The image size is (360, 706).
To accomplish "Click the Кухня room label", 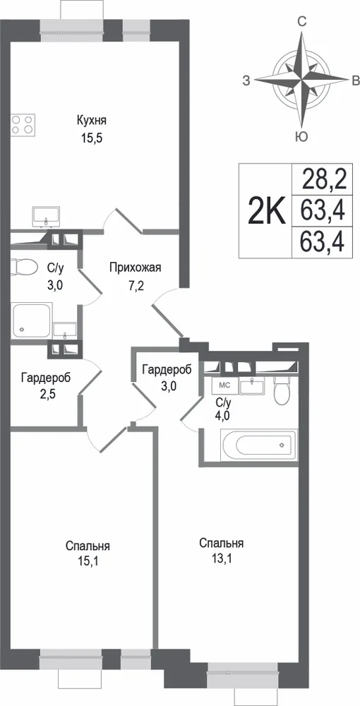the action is tap(91, 120).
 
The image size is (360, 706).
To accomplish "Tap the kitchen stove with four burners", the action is tap(23, 124).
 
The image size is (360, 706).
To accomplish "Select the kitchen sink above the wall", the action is tap(47, 217).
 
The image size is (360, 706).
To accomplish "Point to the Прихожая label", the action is tap(135, 268).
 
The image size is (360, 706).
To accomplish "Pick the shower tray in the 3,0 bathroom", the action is tap(31, 320).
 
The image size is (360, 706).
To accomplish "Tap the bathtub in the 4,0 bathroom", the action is tap(258, 445).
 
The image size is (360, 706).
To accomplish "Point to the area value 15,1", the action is tap(88, 561).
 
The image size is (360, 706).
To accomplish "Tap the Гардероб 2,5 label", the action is tap(46, 385).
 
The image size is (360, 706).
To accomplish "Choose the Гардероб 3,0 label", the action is tap(167, 376).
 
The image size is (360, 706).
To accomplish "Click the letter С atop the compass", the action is tap(303, 20).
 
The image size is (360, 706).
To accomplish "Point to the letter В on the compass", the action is tap(356, 81).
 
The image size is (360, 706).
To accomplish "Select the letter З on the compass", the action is tap(246, 81).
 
